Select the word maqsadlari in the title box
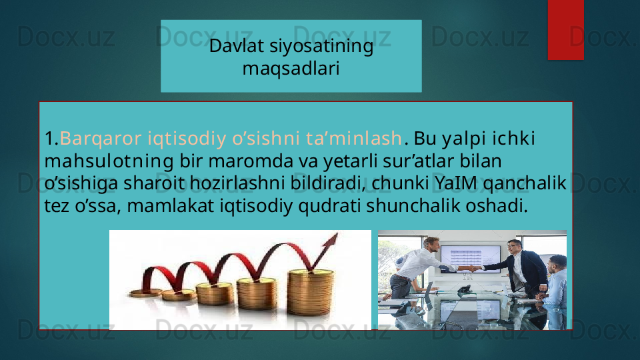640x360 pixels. pos(291,68)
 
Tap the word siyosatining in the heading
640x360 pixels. pos(321,47)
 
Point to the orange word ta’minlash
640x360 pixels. pos(354,138)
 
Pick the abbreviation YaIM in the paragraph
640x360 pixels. pos(456,183)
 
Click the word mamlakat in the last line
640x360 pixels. pos(171,206)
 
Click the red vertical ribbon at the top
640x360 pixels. pos(566,30)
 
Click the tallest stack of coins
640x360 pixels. pos(310,292)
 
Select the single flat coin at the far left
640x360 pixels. pos(145,292)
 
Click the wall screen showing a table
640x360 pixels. pos(470,259)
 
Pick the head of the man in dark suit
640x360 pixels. pos(514,249)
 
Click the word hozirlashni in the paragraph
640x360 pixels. pos(237,183)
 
